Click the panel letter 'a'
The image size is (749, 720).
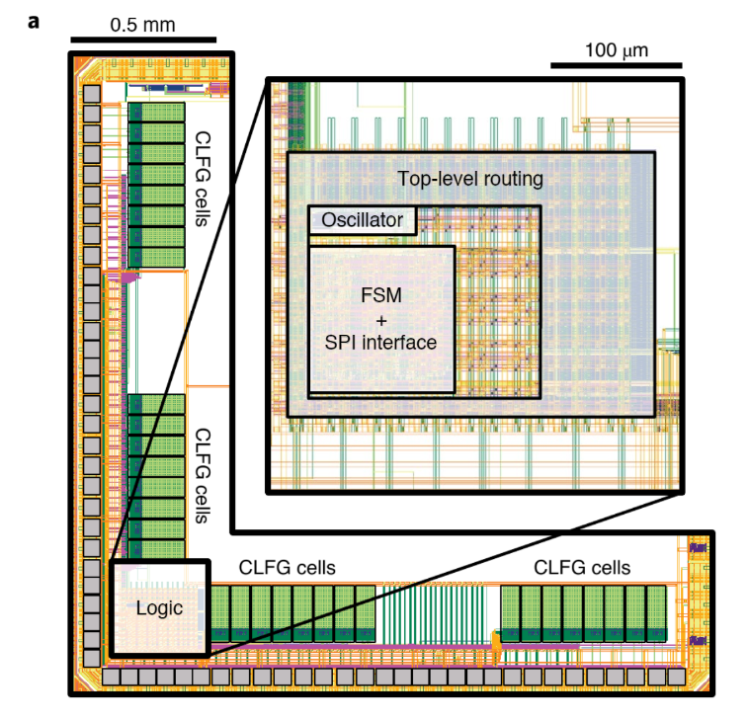point(35,20)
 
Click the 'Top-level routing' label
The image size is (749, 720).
point(470,179)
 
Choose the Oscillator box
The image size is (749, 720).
point(363,220)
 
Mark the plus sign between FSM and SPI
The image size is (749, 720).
point(380,320)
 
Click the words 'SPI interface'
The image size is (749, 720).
point(380,342)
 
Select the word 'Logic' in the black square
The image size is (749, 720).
point(159,608)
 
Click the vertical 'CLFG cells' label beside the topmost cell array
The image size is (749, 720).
point(204,179)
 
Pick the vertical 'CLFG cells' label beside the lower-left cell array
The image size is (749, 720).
point(204,475)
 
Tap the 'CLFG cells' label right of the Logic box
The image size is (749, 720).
point(288,568)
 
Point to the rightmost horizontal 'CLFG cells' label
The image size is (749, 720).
point(582,568)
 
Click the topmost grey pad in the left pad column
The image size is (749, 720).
point(92,95)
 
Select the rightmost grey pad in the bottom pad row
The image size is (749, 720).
point(671,678)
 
